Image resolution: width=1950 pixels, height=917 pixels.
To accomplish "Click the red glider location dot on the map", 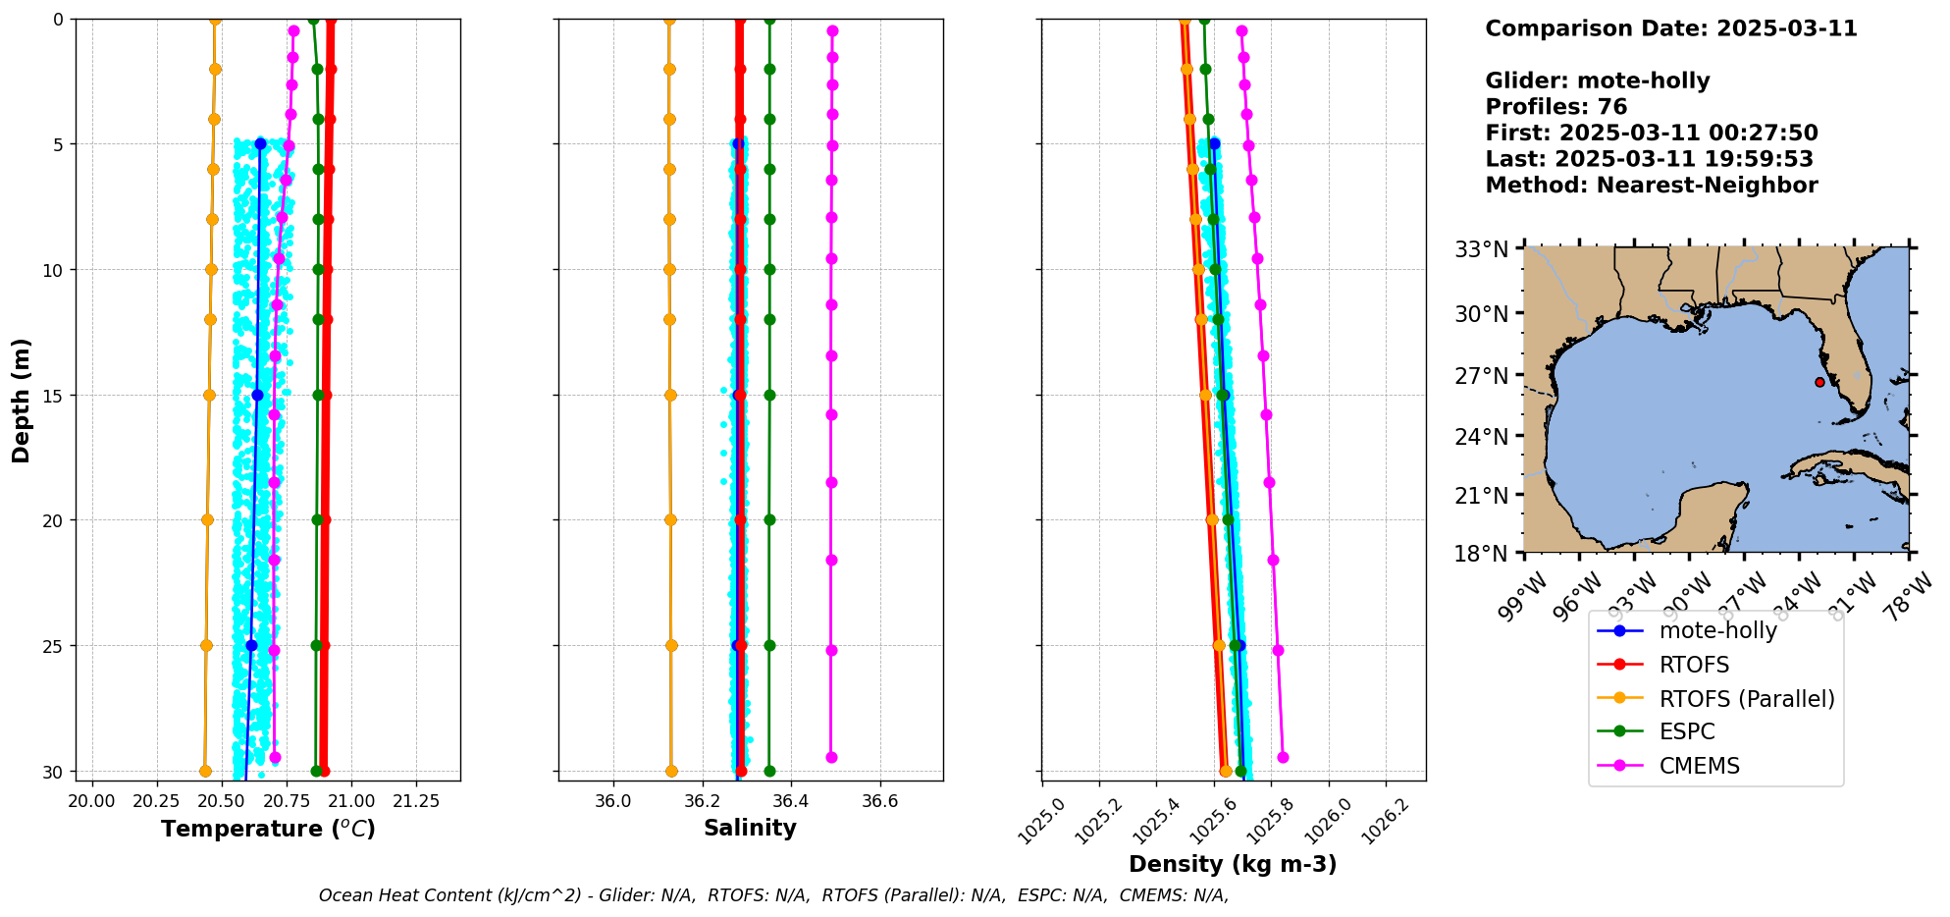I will [1819, 382].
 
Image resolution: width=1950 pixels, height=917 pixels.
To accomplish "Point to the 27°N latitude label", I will [1482, 376].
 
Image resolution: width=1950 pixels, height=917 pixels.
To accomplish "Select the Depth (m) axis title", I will [22, 401].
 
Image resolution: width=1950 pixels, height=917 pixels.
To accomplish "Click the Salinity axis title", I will [750, 828].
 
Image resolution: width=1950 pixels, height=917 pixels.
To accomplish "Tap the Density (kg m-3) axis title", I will [1233, 864].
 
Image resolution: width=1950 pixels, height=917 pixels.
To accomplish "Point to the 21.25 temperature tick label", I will [415, 801].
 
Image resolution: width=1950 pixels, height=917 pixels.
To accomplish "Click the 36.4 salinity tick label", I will [790, 801].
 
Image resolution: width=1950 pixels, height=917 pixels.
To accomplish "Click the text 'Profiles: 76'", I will [1555, 107].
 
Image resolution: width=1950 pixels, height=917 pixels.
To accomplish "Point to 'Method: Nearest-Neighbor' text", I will [1651, 185].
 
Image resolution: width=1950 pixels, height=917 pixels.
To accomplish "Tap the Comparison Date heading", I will [1670, 28].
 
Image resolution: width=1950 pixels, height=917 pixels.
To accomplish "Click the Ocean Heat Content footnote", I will [773, 895].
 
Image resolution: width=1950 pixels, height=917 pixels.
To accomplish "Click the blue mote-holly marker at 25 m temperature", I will [251, 645].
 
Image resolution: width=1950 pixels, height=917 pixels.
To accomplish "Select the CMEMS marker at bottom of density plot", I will [1283, 757].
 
